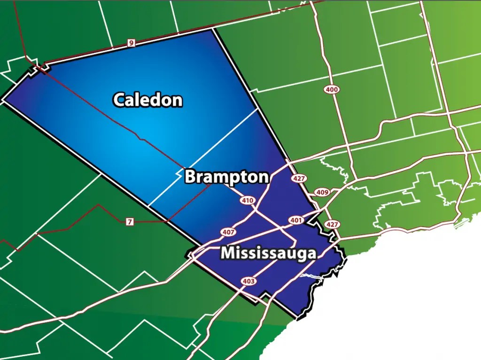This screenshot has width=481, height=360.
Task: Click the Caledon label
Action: (147, 100)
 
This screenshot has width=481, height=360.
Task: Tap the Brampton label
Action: (227, 177)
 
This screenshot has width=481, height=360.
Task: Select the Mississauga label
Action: (268, 253)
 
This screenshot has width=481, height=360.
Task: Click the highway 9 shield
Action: (131, 43)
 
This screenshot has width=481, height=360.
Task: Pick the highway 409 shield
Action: (323, 192)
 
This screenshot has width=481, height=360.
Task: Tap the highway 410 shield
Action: (247, 201)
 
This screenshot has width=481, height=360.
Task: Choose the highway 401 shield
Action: (296, 220)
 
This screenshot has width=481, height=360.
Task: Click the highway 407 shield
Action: (229, 232)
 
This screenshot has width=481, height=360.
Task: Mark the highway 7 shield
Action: (130, 222)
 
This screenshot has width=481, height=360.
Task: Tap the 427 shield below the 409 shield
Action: (332, 224)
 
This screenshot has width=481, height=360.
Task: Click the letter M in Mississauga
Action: (228, 253)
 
